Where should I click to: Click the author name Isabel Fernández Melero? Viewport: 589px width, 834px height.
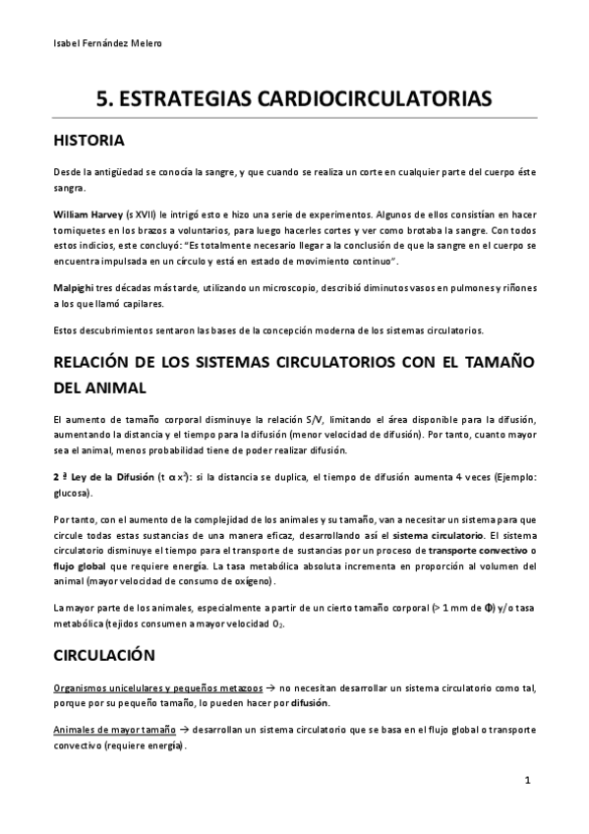click(x=107, y=44)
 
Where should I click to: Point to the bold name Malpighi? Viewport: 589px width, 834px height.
click(x=75, y=285)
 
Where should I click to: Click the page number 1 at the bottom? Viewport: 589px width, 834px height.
click(x=528, y=781)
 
